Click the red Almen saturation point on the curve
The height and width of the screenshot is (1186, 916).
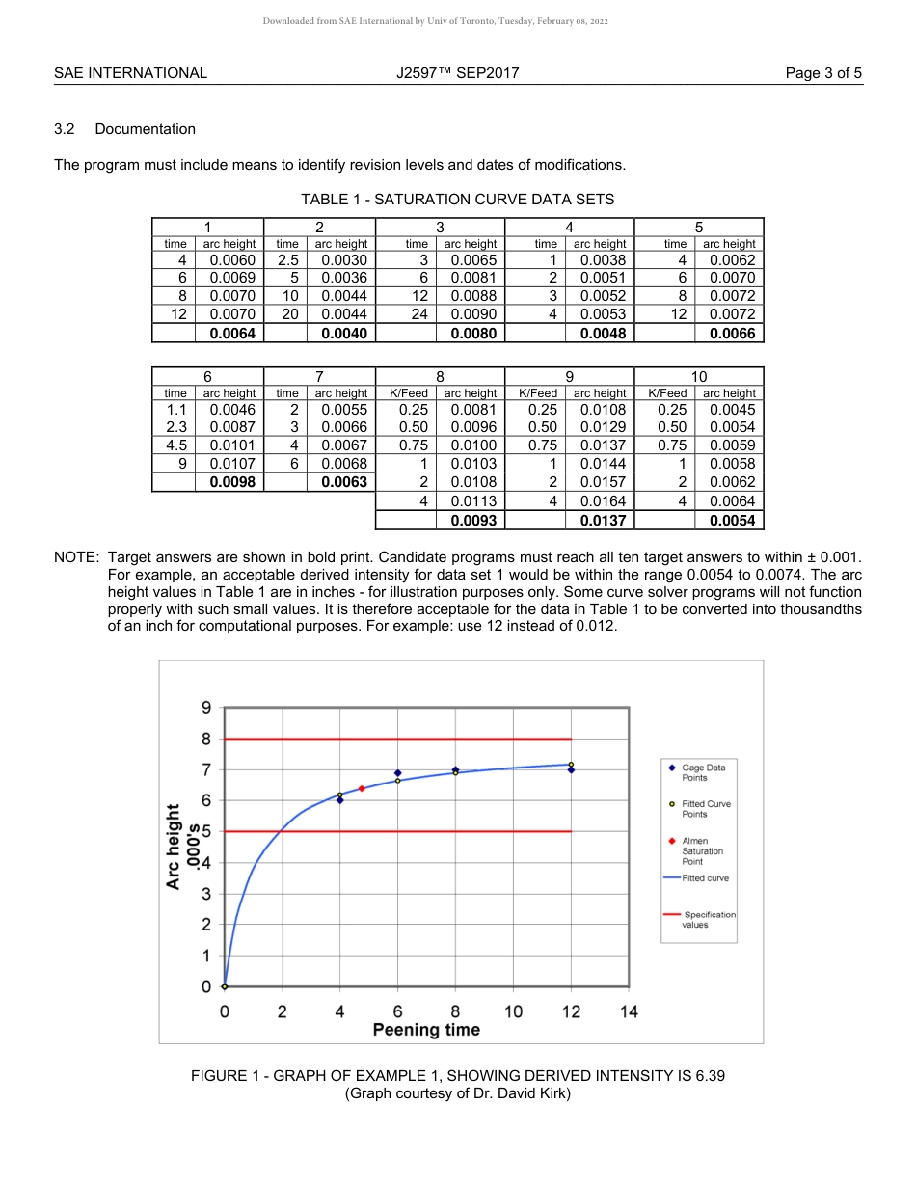pos(362,788)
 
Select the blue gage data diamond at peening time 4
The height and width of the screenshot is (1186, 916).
pos(339,800)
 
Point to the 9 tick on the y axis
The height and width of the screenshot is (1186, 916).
pos(205,708)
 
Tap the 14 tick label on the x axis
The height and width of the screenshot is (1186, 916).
pos(629,1011)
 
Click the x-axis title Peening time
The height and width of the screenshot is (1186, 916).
pos(426,1030)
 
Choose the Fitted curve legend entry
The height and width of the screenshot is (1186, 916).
pos(705,878)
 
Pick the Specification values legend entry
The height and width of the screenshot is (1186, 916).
pos(709,919)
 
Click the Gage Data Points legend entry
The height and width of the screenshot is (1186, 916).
pos(703,772)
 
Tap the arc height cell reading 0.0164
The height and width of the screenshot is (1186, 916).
pos(603,500)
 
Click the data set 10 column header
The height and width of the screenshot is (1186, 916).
pos(698,376)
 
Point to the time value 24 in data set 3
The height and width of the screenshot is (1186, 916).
pos(417,314)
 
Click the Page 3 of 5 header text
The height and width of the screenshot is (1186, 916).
pos(823,72)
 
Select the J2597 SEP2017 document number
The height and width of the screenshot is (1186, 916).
pos(457,72)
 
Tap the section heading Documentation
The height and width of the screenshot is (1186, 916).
pos(145,129)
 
